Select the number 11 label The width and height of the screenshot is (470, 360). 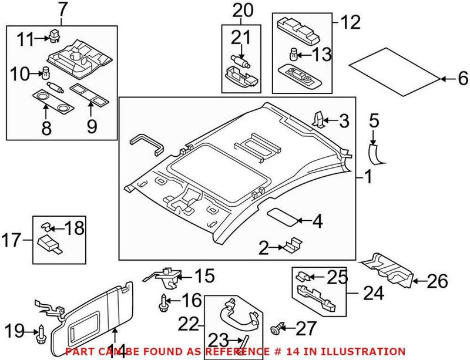pyautogui.click(x=25, y=39)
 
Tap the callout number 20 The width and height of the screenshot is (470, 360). pyautogui.click(x=242, y=10)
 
